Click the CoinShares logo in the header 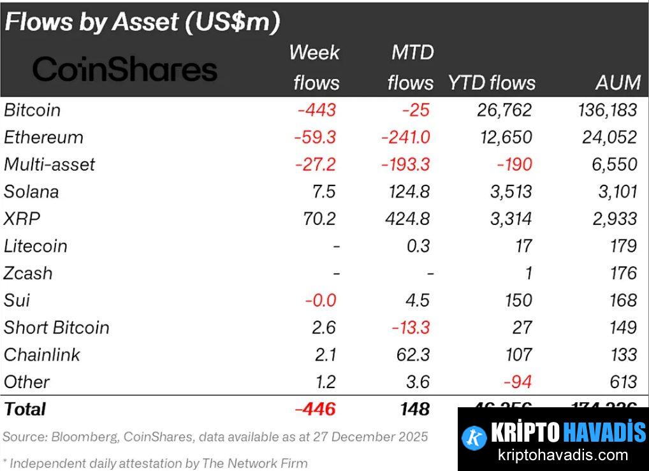(124, 69)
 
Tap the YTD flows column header (492, 82)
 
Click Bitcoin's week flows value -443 (316, 110)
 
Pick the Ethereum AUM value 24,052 (609, 137)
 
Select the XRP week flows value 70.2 (319, 219)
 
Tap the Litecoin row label (36, 246)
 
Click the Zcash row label (29, 273)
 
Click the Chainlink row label (42, 354)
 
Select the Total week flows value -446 (316, 409)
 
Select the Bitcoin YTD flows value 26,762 (504, 110)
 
